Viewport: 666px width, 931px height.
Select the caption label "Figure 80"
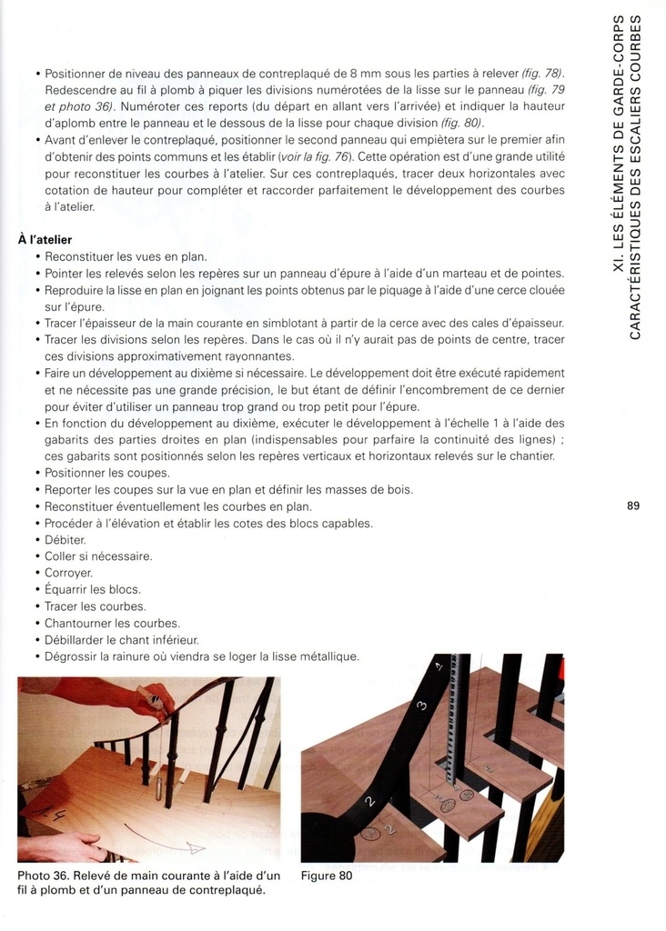[x=327, y=876]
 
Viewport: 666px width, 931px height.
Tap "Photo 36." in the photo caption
[x=44, y=876]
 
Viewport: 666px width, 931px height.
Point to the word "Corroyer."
[x=69, y=573]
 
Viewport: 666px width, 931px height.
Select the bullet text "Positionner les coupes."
[x=107, y=474]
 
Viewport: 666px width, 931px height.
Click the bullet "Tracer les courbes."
[x=96, y=606]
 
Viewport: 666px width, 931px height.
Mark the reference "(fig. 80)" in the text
[x=461, y=123]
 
